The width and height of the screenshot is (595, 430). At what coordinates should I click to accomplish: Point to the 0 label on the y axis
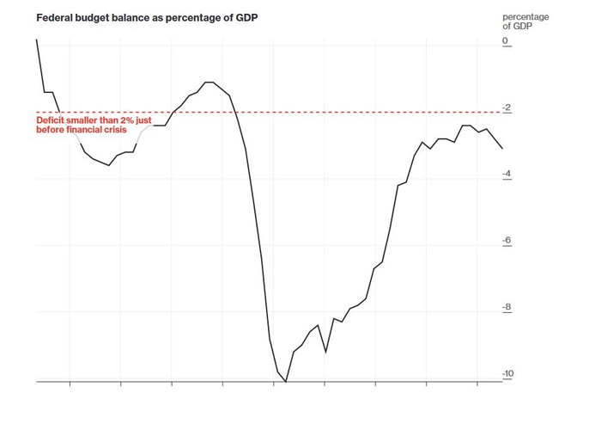tap(505, 41)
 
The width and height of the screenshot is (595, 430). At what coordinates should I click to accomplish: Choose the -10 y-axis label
tap(507, 374)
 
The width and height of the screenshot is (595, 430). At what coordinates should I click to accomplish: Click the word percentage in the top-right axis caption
tap(526, 18)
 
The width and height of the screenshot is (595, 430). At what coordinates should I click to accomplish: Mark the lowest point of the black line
tap(286, 381)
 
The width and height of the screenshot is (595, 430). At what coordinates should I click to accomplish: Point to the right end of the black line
tap(503, 149)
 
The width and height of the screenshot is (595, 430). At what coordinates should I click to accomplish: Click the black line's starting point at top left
tap(36, 39)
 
